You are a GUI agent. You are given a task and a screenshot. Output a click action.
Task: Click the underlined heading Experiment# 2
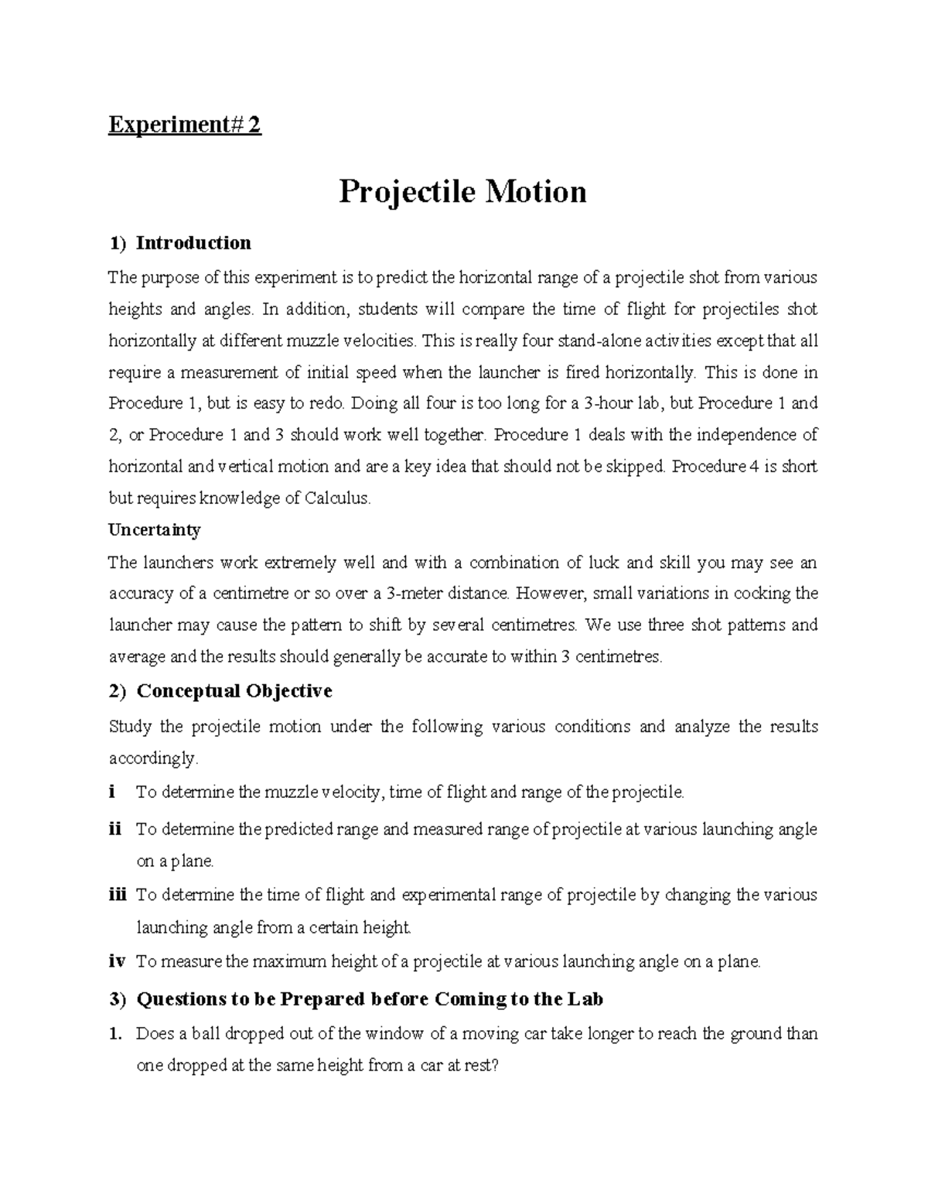coord(185,125)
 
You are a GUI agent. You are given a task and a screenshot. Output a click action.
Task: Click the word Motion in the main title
coord(535,191)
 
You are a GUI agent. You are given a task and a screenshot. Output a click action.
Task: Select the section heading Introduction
coord(193,243)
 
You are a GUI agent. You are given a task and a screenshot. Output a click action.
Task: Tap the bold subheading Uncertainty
coord(155,530)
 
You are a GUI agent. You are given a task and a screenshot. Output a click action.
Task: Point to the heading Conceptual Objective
coord(234,690)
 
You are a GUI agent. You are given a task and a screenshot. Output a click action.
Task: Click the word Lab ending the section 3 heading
coord(585,998)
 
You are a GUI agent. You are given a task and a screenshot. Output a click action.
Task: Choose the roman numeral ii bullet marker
coord(115,829)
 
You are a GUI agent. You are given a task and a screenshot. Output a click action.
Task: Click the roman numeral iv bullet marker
coord(116,961)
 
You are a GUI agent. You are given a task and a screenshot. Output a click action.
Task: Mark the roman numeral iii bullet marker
coord(118,895)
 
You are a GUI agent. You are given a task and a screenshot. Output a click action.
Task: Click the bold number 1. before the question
coord(116,1033)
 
